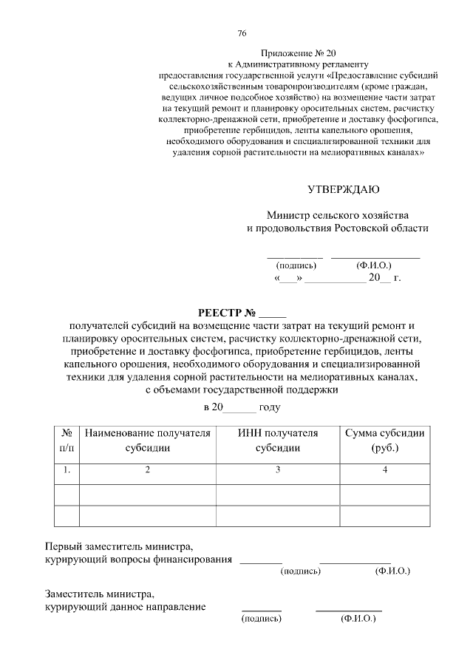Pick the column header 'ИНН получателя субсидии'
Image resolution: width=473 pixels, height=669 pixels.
click(277, 441)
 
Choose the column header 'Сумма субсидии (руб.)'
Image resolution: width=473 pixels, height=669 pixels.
click(385, 441)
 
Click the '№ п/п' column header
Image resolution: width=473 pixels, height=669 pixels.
click(67, 441)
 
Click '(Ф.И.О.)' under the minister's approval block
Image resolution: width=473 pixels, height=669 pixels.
click(374, 265)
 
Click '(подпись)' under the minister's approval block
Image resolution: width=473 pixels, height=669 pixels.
click(296, 265)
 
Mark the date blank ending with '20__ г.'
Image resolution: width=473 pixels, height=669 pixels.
click(337, 279)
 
